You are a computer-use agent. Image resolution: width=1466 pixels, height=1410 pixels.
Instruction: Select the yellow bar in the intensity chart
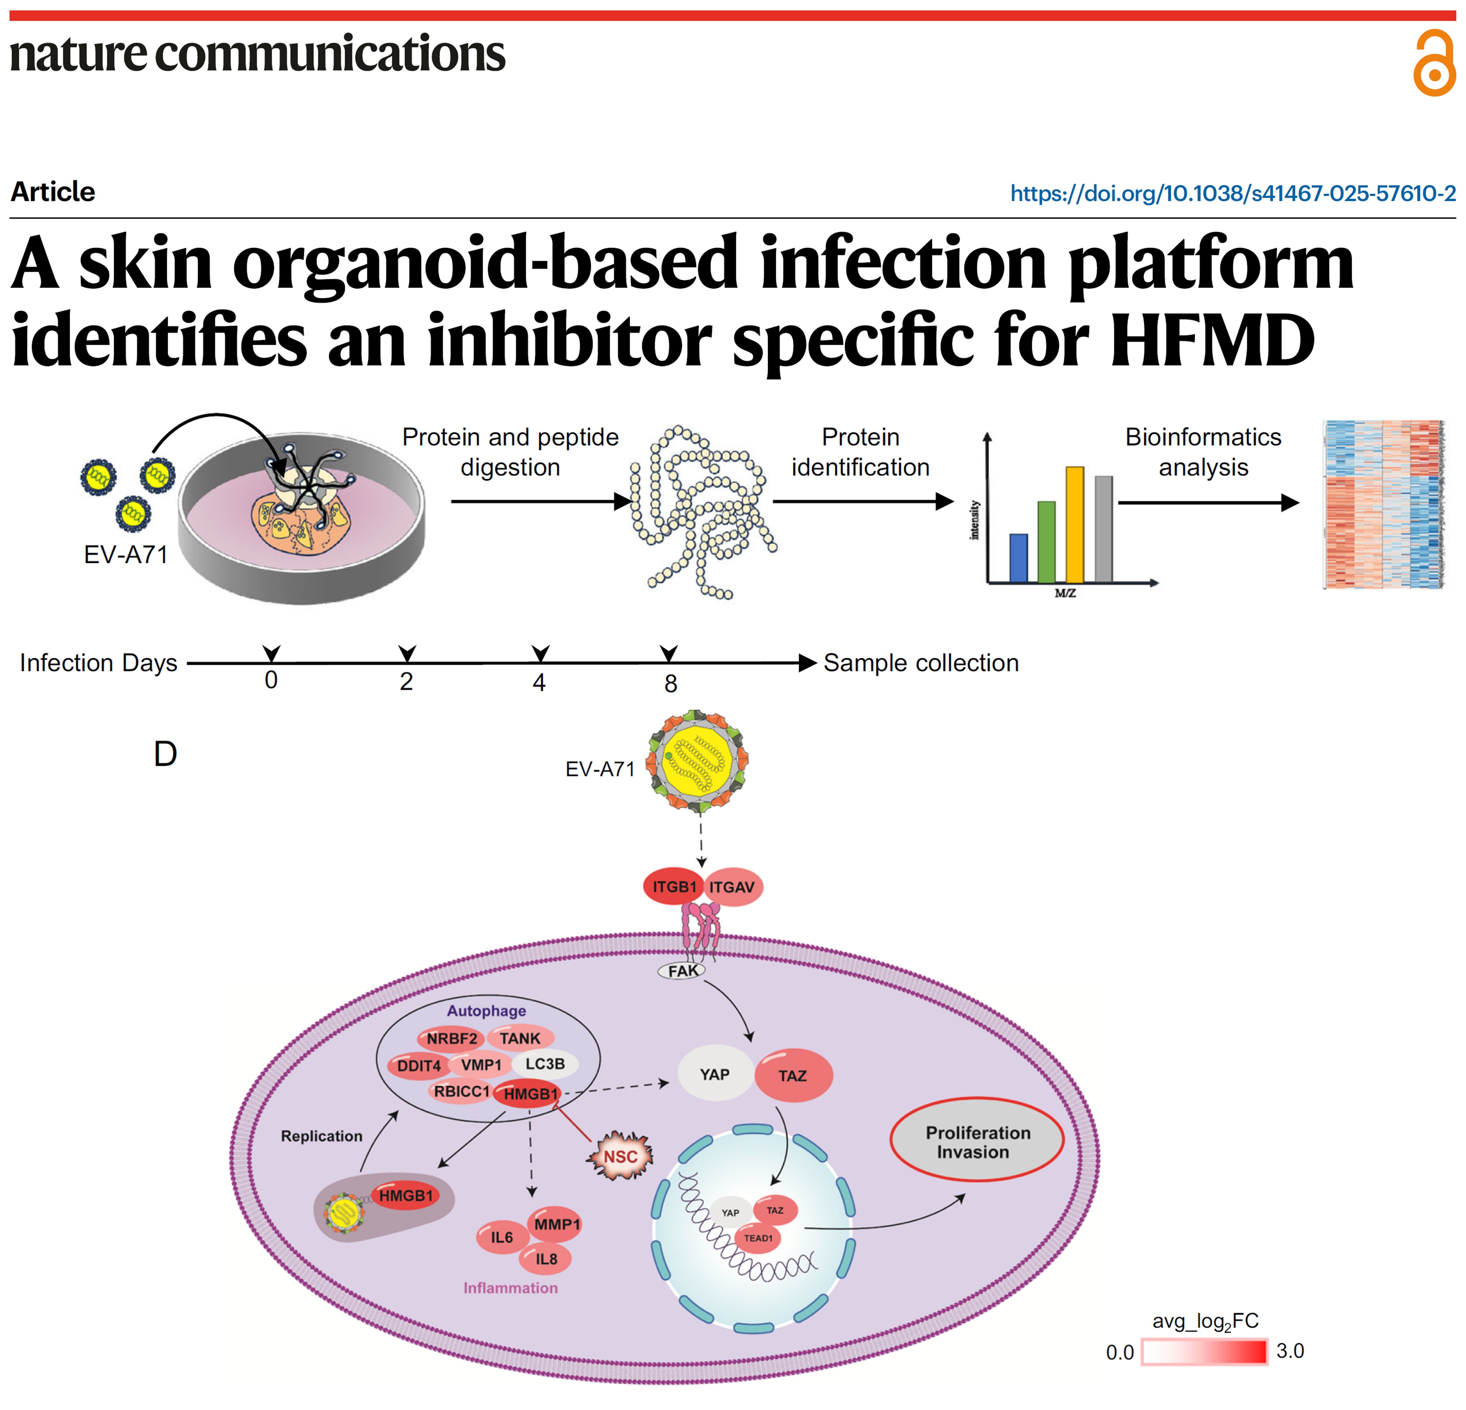point(1075,524)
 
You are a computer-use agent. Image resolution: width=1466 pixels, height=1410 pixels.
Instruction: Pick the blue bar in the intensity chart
point(1019,558)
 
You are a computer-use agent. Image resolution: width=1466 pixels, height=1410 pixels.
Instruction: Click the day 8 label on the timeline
point(670,683)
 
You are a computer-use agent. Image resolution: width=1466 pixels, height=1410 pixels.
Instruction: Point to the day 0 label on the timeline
point(272,680)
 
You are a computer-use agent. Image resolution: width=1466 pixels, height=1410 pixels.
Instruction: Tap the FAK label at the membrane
point(682,971)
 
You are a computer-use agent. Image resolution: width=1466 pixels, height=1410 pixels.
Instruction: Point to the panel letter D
point(165,754)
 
